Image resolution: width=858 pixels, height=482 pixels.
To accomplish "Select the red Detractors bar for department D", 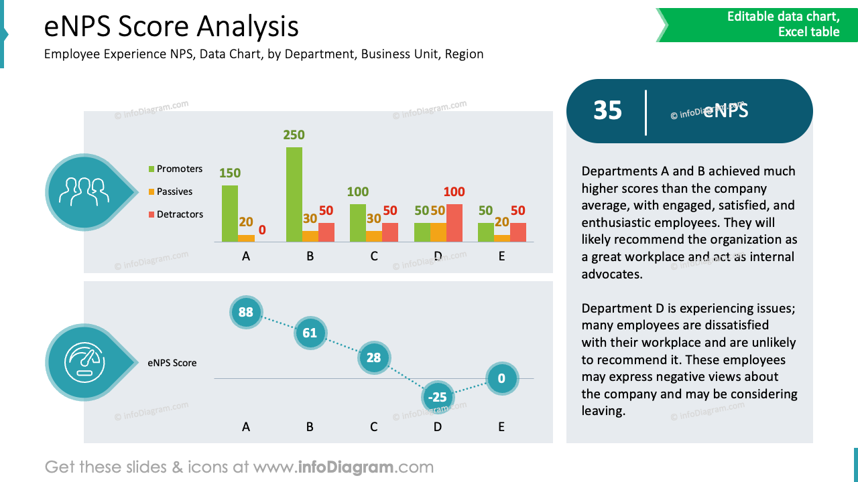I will click(x=454, y=223).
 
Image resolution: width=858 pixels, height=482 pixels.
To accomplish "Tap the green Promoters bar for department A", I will click(x=230, y=214).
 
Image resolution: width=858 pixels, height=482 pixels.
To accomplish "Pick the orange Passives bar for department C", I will click(x=373, y=236).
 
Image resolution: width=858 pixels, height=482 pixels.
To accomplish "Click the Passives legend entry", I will click(x=174, y=191).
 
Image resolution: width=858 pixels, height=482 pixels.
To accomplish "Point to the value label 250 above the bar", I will click(x=294, y=135).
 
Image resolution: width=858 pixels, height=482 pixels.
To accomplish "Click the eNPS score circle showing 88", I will click(x=246, y=312).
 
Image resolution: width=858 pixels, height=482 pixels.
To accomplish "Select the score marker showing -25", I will click(x=437, y=398).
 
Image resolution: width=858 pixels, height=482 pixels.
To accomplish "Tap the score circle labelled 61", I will click(x=310, y=333).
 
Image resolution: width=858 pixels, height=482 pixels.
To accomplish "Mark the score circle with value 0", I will click(x=501, y=379).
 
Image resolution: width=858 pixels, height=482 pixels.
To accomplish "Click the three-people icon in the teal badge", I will click(x=84, y=192).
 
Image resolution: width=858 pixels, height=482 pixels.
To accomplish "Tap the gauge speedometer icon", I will click(x=84, y=362).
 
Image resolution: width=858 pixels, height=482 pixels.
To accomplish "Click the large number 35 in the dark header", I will click(x=607, y=111).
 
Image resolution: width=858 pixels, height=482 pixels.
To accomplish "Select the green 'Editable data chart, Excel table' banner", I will click(x=757, y=25).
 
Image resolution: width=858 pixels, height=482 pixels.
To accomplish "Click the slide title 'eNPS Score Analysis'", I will click(x=172, y=27).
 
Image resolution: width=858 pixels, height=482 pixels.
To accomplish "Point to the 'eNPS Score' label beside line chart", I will click(x=172, y=363).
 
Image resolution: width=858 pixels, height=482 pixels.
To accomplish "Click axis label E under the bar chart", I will click(x=501, y=256).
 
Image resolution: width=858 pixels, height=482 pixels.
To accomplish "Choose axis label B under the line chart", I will click(x=310, y=426).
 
